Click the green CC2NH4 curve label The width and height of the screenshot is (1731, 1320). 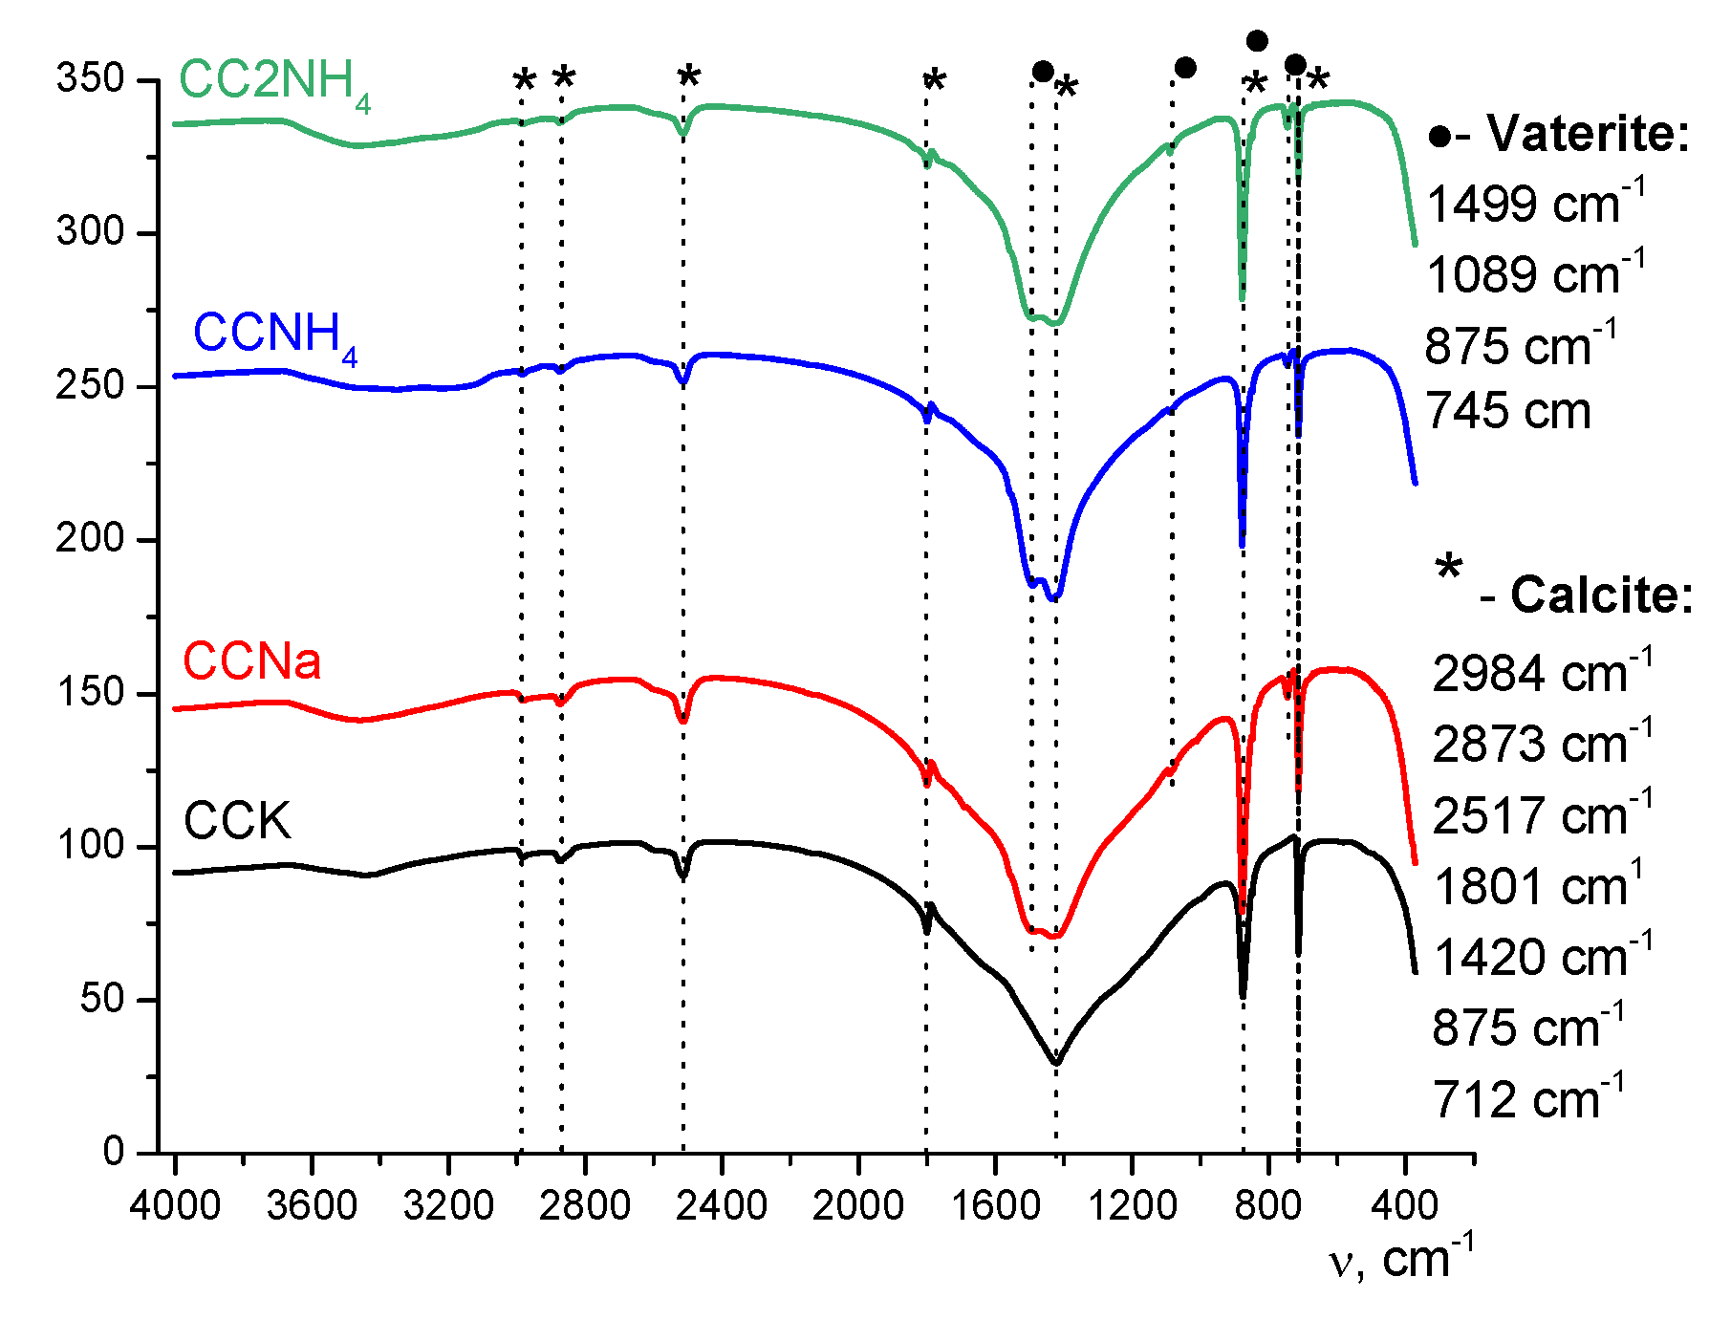pos(274,82)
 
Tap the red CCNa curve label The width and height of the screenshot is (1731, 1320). pos(251,661)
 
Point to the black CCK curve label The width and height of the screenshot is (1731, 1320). pos(236,821)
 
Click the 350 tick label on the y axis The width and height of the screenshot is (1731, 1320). pos(90,78)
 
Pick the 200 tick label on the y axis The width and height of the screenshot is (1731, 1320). pos(90,539)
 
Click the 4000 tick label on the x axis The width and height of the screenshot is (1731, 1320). pos(175,1206)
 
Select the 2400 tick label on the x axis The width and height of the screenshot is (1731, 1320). pos(722,1206)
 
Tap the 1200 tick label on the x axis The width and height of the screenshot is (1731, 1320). pos(1132,1206)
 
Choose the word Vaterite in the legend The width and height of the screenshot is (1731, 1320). pos(1588,134)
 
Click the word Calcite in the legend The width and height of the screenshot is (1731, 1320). pos(1601,595)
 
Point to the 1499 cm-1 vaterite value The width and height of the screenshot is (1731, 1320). pos(1535,203)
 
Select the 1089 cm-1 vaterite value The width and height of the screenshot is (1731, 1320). pos(1535,273)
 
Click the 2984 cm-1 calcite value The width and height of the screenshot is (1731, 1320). pos(1542,673)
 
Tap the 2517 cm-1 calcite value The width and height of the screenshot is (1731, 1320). pos(1542,815)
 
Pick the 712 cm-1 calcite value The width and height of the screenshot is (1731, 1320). pos(1527,1099)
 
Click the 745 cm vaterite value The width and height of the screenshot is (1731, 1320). pos(1508,412)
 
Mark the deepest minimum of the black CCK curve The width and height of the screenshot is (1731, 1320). pos(1056,1061)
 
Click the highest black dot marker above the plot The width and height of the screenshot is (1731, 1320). pos(1257,41)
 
